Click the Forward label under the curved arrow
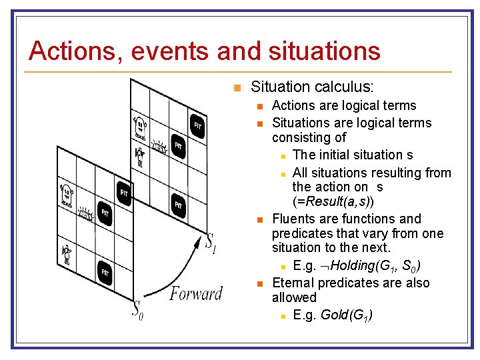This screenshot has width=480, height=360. (x=196, y=293)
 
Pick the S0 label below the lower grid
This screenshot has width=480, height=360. (x=137, y=310)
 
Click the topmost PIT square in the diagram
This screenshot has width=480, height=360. (x=197, y=125)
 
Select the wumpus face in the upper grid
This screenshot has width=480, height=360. (x=141, y=125)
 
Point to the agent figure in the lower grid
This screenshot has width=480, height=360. (x=67, y=254)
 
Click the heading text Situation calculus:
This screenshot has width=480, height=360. (x=312, y=87)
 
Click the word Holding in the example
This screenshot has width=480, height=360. (x=353, y=265)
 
